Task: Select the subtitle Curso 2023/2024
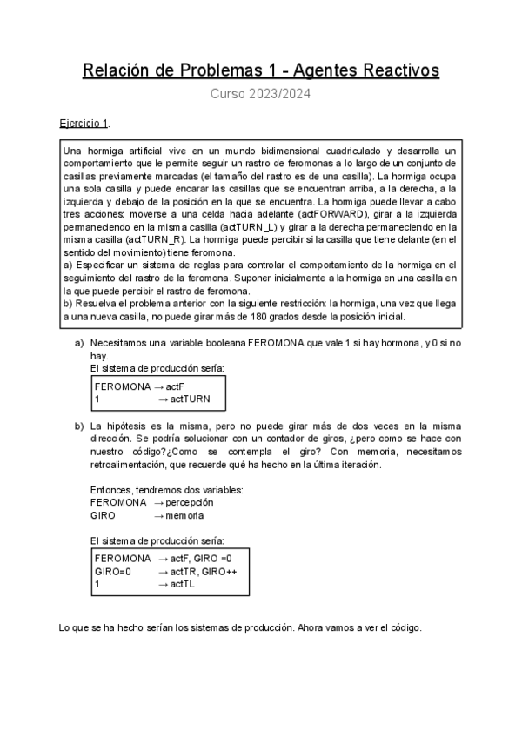261,95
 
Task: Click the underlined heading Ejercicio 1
84,124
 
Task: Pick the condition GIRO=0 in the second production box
113,571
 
